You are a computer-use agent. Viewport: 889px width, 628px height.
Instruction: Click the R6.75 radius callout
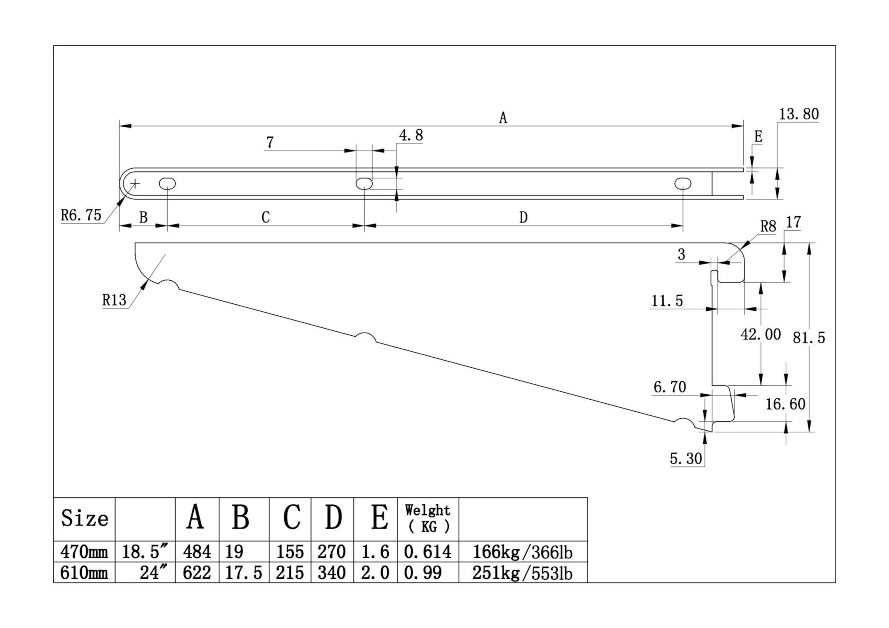[81, 215]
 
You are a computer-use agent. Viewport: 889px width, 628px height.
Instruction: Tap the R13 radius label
[114, 300]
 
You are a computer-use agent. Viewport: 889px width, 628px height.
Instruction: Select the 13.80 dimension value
[798, 114]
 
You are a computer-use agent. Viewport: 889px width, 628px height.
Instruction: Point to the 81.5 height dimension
[809, 338]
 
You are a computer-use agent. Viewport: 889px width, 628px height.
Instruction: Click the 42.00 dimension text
[761, 334]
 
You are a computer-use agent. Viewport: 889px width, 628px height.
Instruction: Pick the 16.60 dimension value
[785, 404]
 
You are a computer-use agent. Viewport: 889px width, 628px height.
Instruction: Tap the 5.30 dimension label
[686, 458]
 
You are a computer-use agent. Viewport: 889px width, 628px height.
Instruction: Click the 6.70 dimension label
[669, 387]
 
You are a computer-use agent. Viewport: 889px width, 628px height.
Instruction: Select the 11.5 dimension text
[667, 301]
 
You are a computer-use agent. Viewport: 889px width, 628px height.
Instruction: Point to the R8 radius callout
[768, 227]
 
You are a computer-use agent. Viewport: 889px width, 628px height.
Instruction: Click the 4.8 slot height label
[411, 135]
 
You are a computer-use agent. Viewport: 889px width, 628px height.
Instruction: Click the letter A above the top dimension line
[503, 118]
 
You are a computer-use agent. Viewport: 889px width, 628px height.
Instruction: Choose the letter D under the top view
[523, 218]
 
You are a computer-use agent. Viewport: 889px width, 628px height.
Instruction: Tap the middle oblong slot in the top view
[364, 183]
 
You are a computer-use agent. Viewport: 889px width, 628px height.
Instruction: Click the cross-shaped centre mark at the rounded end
[135, 183]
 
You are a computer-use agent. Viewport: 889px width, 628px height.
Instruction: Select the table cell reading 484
[197, 552]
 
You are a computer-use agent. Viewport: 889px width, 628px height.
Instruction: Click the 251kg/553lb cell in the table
[522, 573]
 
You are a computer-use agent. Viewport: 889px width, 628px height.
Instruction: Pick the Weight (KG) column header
[428, 519]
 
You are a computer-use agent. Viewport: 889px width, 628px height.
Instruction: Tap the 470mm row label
[84, 552]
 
